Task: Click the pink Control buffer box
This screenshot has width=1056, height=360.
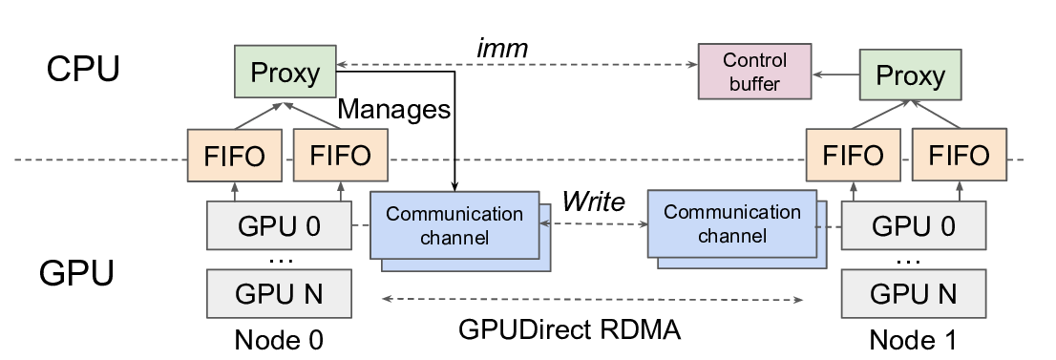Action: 755,72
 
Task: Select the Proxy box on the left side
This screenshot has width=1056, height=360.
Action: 285,73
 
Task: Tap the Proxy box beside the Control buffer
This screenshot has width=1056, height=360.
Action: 910,75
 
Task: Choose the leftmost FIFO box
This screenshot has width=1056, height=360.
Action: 235,156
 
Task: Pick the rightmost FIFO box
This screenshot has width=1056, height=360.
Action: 960,156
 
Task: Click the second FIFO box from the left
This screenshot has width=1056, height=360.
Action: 341,156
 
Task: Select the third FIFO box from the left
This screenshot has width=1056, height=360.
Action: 854,156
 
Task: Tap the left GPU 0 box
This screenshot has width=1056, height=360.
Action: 279,226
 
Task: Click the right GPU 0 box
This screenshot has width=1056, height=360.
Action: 914,226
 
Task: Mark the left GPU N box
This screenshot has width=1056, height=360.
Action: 279,294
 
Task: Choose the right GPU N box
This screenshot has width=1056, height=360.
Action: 914,294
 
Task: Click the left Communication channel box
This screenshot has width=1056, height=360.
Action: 454,225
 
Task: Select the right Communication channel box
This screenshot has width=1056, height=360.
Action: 731,223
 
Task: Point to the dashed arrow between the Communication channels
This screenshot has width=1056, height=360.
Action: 594,224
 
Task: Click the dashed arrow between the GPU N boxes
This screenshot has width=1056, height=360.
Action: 592,299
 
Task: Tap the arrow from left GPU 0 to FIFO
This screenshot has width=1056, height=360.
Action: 235,191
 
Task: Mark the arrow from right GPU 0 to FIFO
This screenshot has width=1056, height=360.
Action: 960,191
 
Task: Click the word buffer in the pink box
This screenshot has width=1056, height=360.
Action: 754,83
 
